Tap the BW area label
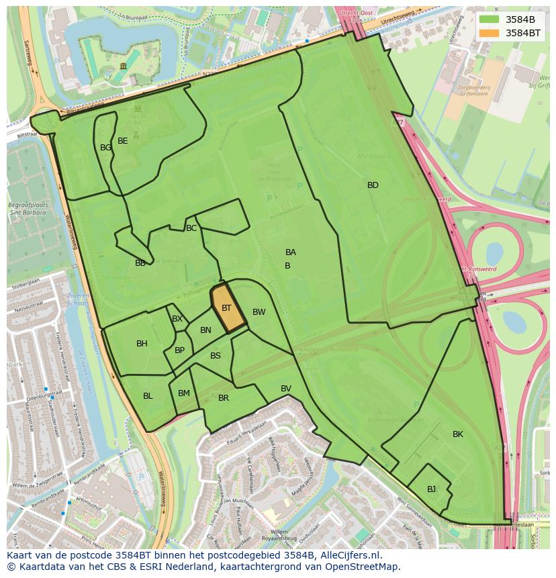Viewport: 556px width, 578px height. [259, 312]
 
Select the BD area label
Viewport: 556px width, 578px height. [373, 185]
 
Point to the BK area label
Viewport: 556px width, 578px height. [458, 434]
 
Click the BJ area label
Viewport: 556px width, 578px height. [431, 489]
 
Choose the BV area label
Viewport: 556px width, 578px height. [286, 389]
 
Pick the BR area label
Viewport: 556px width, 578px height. [224, 398]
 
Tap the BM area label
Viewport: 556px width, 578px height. [184, 393]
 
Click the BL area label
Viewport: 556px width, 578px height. [148, 396]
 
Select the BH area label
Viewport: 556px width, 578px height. [142, 344]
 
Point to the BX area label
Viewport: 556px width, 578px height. [177, 319]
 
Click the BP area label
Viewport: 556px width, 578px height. [179, 350]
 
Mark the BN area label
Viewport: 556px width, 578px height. [205, 330]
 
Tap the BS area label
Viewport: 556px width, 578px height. [216, 356]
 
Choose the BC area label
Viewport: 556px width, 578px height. [191, 228]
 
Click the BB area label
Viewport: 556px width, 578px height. [140, 263]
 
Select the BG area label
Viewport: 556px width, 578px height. [105, 148]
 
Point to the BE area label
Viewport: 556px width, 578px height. [122, 141]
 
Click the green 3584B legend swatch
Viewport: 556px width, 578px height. [490, 19]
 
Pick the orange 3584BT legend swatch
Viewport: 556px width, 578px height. [490, 32]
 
